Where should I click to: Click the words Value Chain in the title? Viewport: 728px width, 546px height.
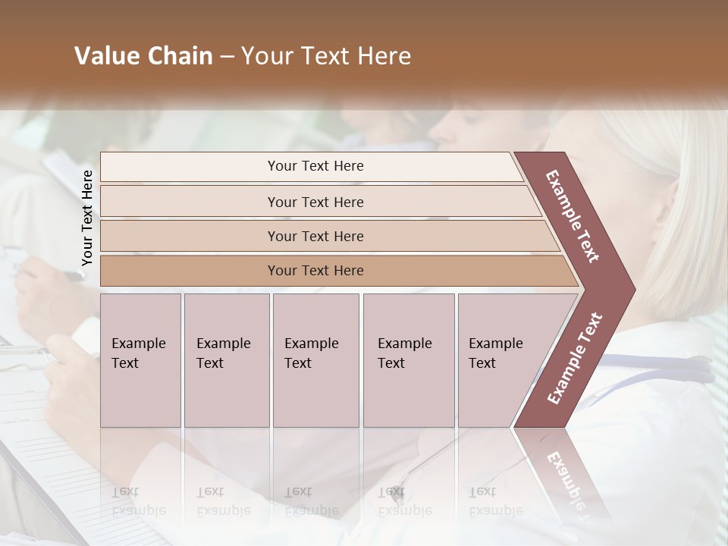[143, 56]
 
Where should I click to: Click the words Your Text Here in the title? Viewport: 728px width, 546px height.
[326, 56]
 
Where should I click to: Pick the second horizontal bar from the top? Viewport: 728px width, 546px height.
[315, 202]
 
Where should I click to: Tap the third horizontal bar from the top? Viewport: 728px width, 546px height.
[315, 236]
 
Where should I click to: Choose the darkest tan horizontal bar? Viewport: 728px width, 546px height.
[315, 271]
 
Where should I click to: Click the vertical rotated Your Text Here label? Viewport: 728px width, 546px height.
[87, 218]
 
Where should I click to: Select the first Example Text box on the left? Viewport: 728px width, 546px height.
[140, 360]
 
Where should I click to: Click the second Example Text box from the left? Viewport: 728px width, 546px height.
[227, 360]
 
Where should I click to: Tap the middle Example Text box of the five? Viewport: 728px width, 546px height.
[315, 360]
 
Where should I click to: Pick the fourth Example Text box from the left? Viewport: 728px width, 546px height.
[409, 360]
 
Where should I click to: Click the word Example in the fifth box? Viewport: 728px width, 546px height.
[495, 344]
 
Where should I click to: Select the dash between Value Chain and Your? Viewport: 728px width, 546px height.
[227, 57]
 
